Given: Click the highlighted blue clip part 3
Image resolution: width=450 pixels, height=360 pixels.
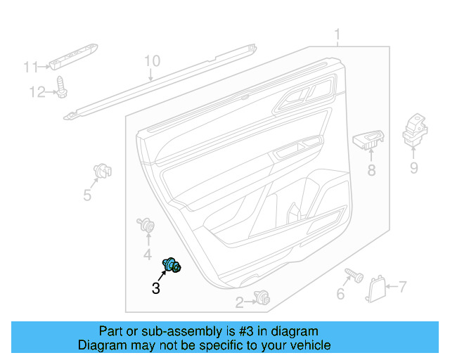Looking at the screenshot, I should pos(172,265).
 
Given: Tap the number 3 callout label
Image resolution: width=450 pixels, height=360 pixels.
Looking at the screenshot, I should pos(155,288).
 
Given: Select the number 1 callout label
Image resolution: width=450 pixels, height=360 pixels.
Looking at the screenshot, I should pos(337,34).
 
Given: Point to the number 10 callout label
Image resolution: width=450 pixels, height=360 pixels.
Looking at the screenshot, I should pos(152,61).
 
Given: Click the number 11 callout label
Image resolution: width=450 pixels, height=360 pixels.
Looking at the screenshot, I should pos(30,67).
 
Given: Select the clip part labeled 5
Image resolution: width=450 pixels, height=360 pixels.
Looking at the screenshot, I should pos(103,171).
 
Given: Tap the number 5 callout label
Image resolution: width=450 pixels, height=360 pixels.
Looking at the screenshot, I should pos(87,195).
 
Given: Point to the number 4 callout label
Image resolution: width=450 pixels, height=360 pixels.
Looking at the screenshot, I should pos(148,254).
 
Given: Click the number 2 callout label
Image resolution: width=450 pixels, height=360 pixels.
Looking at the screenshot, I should pos(239,303).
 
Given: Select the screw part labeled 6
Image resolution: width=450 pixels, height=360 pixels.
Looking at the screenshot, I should pos(352,275).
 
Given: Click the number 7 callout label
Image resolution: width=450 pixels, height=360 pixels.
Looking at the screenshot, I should pos(402,286).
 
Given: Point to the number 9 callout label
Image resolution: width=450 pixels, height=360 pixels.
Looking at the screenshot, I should pos(413,167).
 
